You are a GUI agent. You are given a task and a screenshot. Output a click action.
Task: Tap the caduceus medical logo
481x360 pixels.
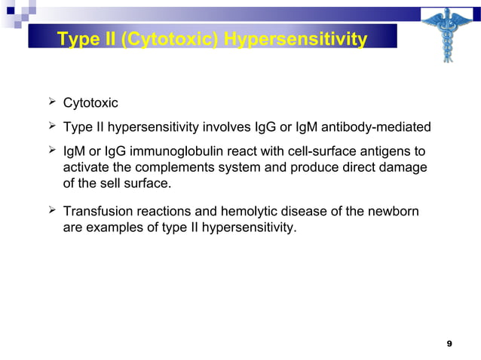click(444, 35)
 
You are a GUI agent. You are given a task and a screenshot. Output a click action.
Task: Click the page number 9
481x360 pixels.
click(449, 344)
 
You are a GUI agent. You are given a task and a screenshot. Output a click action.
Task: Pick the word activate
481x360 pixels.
click(86, 166)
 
